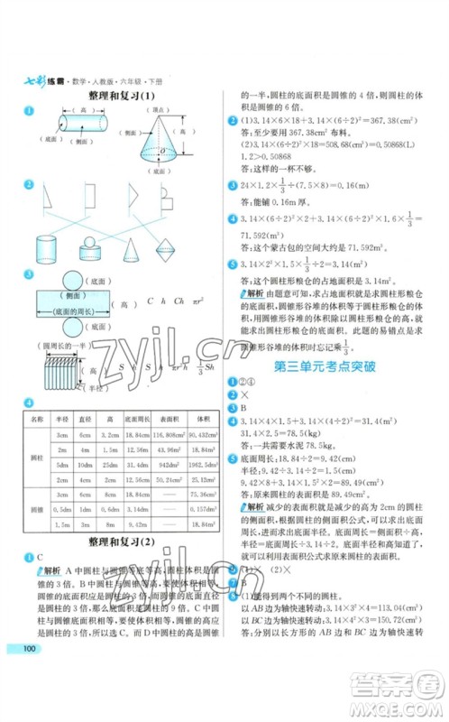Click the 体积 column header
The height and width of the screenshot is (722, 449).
pos(200,421)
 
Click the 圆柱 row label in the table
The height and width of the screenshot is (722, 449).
pos(36,456)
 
